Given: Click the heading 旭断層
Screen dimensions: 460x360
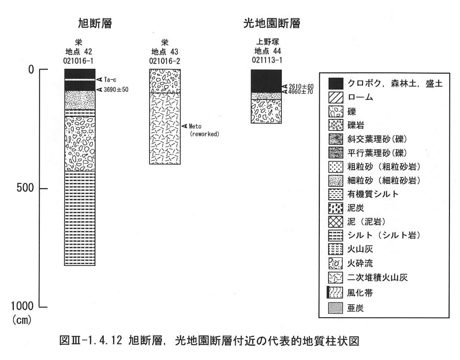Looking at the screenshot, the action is [95, 23].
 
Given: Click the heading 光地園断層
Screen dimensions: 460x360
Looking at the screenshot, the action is [272, 23].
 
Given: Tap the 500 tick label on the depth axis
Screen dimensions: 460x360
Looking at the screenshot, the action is [25, 188].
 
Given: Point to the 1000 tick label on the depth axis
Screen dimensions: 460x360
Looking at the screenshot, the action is [22, 306].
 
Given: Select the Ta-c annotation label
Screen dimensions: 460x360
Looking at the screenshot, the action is [110, 79].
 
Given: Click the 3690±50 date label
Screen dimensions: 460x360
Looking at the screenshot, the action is [116, 89].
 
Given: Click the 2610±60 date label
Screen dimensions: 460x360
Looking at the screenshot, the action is [301, 86].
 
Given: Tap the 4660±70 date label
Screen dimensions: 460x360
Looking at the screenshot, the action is [301, 91].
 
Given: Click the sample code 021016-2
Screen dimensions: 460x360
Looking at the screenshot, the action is [165, 61].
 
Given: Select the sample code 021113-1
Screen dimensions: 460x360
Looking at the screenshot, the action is [267, 60].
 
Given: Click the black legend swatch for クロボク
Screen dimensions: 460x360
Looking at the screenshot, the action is [335, 83].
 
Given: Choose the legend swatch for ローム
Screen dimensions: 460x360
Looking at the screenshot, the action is [335, 97].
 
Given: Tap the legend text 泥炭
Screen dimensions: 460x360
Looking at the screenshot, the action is [356, 208].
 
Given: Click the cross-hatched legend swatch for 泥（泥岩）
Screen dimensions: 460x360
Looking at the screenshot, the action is [335, 222].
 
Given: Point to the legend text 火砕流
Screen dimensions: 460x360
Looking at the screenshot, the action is [360, 263].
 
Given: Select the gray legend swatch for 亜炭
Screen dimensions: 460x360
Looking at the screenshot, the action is [335, 308].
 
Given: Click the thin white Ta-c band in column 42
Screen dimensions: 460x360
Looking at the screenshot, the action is [80, 80].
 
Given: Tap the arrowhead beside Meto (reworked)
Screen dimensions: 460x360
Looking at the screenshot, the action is [184, 126].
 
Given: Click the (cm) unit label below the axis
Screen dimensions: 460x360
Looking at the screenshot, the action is [22, 319].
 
